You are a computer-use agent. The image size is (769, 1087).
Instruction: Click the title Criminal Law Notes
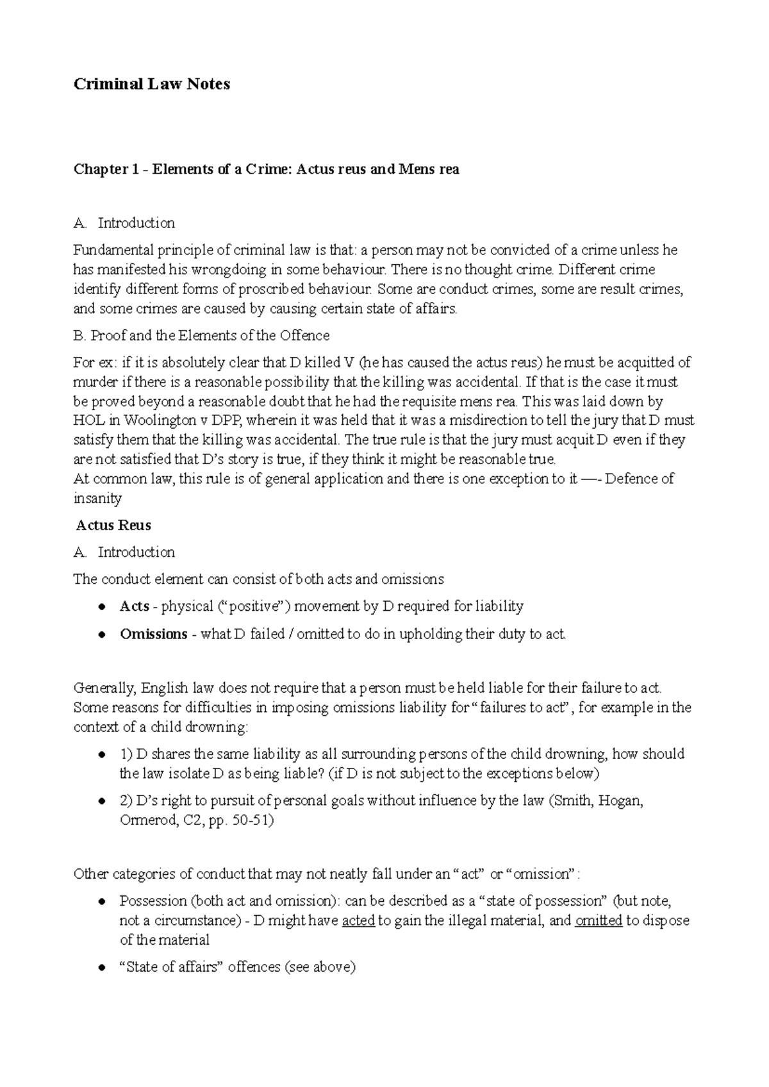click(152, 84)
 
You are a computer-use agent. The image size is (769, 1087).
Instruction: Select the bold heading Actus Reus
click(113, 526)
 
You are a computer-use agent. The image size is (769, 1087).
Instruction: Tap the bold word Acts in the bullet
click(134, 606)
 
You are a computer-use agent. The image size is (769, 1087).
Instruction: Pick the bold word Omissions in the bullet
click(153, 635)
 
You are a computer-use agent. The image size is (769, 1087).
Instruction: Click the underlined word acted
click(359, 921)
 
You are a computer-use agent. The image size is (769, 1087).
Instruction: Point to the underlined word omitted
click(599, 921)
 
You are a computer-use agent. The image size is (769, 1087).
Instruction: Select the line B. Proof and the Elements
click(201, 336)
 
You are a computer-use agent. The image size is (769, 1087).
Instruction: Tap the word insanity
click(97, 499)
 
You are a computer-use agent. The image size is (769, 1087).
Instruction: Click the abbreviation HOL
click(87, 421)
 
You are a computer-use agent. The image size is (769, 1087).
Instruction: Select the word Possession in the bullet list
click(153, 901)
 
